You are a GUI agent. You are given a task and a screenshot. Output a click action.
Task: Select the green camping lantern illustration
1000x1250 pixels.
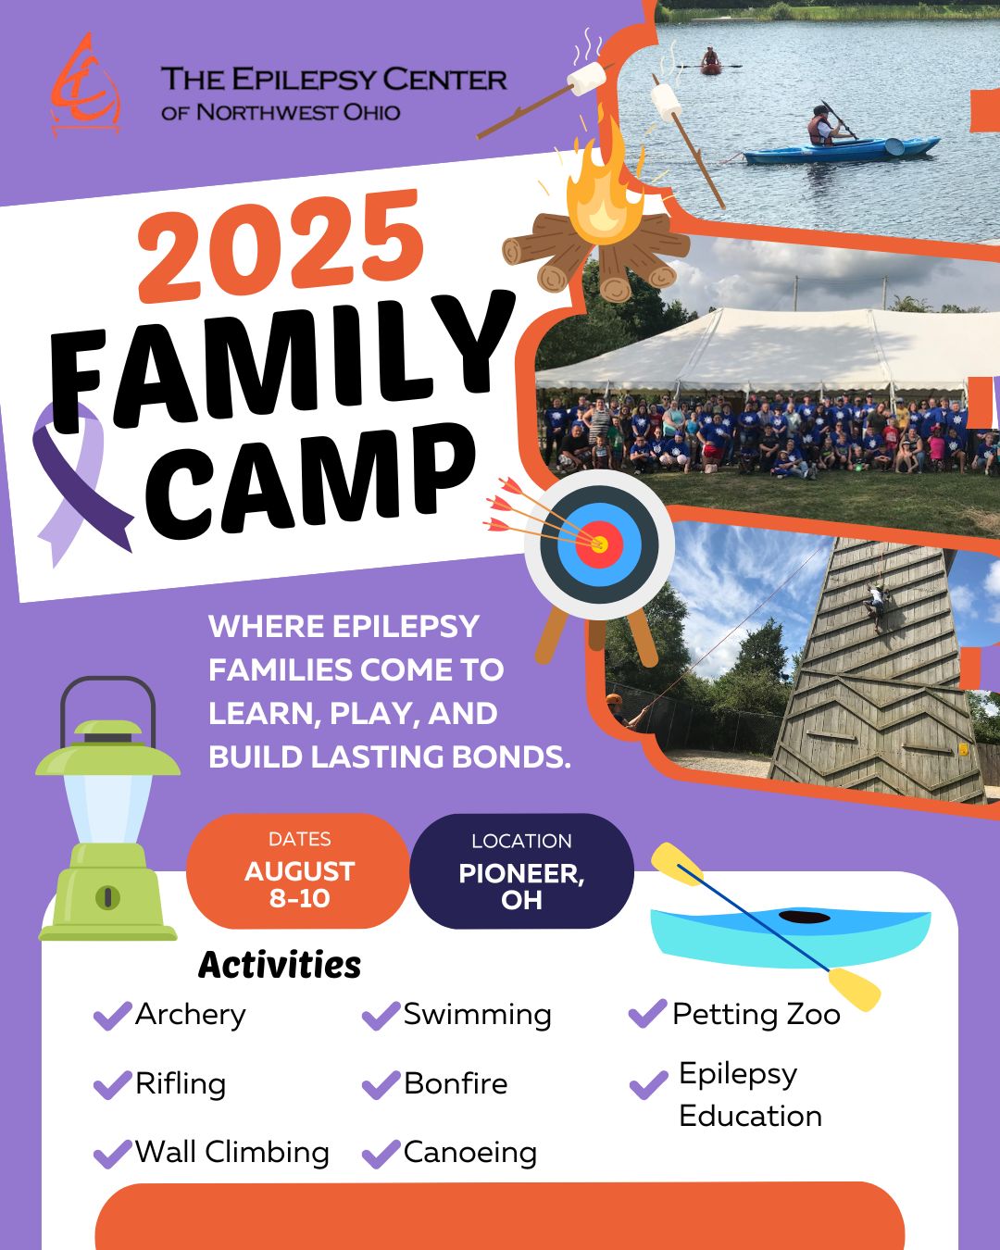[107, 808]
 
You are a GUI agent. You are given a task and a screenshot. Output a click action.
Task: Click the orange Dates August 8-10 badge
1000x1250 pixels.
[298, 870]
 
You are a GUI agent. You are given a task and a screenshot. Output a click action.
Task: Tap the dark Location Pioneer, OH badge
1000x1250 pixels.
[521, 870]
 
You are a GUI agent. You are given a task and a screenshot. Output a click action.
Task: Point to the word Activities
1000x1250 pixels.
[280, 965]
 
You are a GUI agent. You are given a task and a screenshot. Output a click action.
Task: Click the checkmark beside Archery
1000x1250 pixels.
[112, 1016]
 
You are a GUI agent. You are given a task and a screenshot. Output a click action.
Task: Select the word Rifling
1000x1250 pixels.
[181, 1084]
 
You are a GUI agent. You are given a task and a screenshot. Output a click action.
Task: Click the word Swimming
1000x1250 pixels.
[477, 1016]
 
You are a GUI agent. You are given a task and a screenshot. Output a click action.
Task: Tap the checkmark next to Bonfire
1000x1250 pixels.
[381, 1085]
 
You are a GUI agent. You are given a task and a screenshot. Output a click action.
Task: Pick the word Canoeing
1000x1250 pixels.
[470, 1154]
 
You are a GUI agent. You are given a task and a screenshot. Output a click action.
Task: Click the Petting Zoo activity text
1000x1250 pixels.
[756, 1015]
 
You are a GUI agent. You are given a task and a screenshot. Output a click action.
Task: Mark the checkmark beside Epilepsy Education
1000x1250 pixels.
[648, 1085]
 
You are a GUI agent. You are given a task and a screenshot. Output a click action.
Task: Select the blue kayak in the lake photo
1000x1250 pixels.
[842, 150]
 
